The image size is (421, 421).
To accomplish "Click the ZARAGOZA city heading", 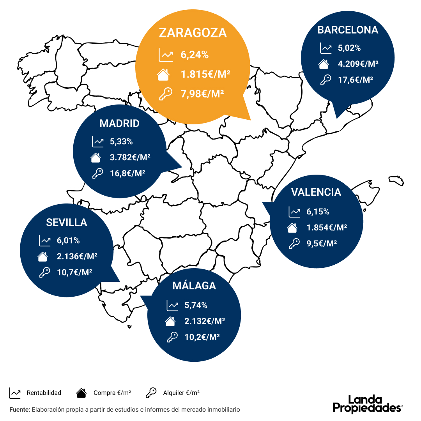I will [193, 33].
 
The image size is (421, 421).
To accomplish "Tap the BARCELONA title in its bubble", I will [348, 30].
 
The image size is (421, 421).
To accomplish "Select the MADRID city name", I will [120, 124].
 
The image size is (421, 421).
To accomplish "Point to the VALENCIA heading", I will [316, 192].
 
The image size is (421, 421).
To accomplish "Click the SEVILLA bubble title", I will [67, 222].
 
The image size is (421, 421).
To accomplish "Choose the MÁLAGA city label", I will [194, 286].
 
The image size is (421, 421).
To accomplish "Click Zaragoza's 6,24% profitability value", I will [195, 55].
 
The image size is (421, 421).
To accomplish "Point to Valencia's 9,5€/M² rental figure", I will [322, 243].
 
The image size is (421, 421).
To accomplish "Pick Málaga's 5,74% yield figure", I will [196, 305].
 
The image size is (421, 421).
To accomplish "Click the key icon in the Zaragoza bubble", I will [165, 94].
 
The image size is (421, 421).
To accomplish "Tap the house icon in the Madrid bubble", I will [96, 158].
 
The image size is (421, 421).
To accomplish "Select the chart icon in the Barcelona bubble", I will [325, 48].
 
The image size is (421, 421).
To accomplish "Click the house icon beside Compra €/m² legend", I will [81, 393].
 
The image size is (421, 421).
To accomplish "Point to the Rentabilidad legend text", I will [44, 393].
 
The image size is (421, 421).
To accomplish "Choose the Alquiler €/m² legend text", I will [181, 393].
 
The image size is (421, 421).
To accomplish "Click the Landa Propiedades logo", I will [368, 404].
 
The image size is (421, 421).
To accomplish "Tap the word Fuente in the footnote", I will [19, 409].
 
